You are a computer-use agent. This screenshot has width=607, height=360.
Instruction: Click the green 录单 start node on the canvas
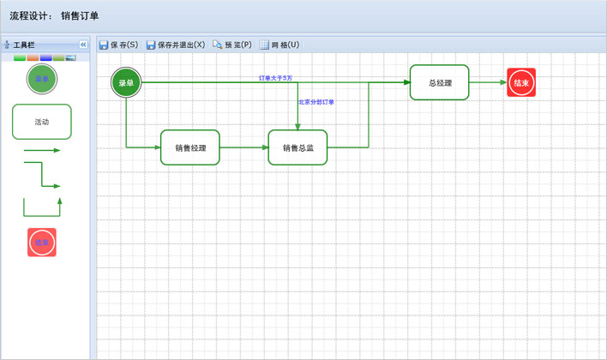pyautogui.click(x=126, y=83)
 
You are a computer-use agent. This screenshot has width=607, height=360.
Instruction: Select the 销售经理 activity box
pyautogui.click(x=190, y=147)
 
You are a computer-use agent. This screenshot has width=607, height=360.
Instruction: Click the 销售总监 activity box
pyautogui.click(x=297, y=147)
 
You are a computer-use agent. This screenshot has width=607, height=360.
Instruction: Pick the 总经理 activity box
pyautogui.click(x=440, y=83)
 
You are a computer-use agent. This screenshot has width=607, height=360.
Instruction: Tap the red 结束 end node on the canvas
pyautogui.click(x=521, y=83)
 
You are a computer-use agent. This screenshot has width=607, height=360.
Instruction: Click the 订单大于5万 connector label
pyautogui.click(x=276, y=78)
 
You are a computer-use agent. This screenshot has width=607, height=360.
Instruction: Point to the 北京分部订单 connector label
pyautogui.click(x=316, y=102)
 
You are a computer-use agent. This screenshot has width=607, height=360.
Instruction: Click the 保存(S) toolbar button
pyautogui.click(x=118, y=45)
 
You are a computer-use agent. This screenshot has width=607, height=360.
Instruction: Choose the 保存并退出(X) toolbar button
pyautogui.click(x=176, y=45)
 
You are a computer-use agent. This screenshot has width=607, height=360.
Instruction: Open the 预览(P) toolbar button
pyautogui.click(x=232, y=45)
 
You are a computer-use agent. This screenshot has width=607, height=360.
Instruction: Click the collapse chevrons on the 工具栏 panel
pyautogui.click(x=83, y=45)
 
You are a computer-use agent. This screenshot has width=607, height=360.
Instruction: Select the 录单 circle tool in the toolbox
pyautogui.click(x=41, y=79)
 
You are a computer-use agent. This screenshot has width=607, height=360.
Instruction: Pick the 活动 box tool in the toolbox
pyautogui.click(x=41, y=122)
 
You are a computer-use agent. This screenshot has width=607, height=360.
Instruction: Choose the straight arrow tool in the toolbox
pyautogui.click(x=41, y=151)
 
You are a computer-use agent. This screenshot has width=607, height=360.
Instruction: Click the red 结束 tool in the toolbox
pyautogui.click(x=42, y=243)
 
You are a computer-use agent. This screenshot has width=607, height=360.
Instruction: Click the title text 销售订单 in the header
pyautogui.click(x=80, y=15)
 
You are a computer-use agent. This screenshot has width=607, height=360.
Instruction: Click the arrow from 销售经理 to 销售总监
pyautogui.click(x=244, y=147)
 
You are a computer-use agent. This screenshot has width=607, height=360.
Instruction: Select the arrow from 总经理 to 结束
pyautogui.click(x=488, y=83)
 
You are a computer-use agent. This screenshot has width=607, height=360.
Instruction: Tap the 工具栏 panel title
pyautogui.click(x=24, y=45)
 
